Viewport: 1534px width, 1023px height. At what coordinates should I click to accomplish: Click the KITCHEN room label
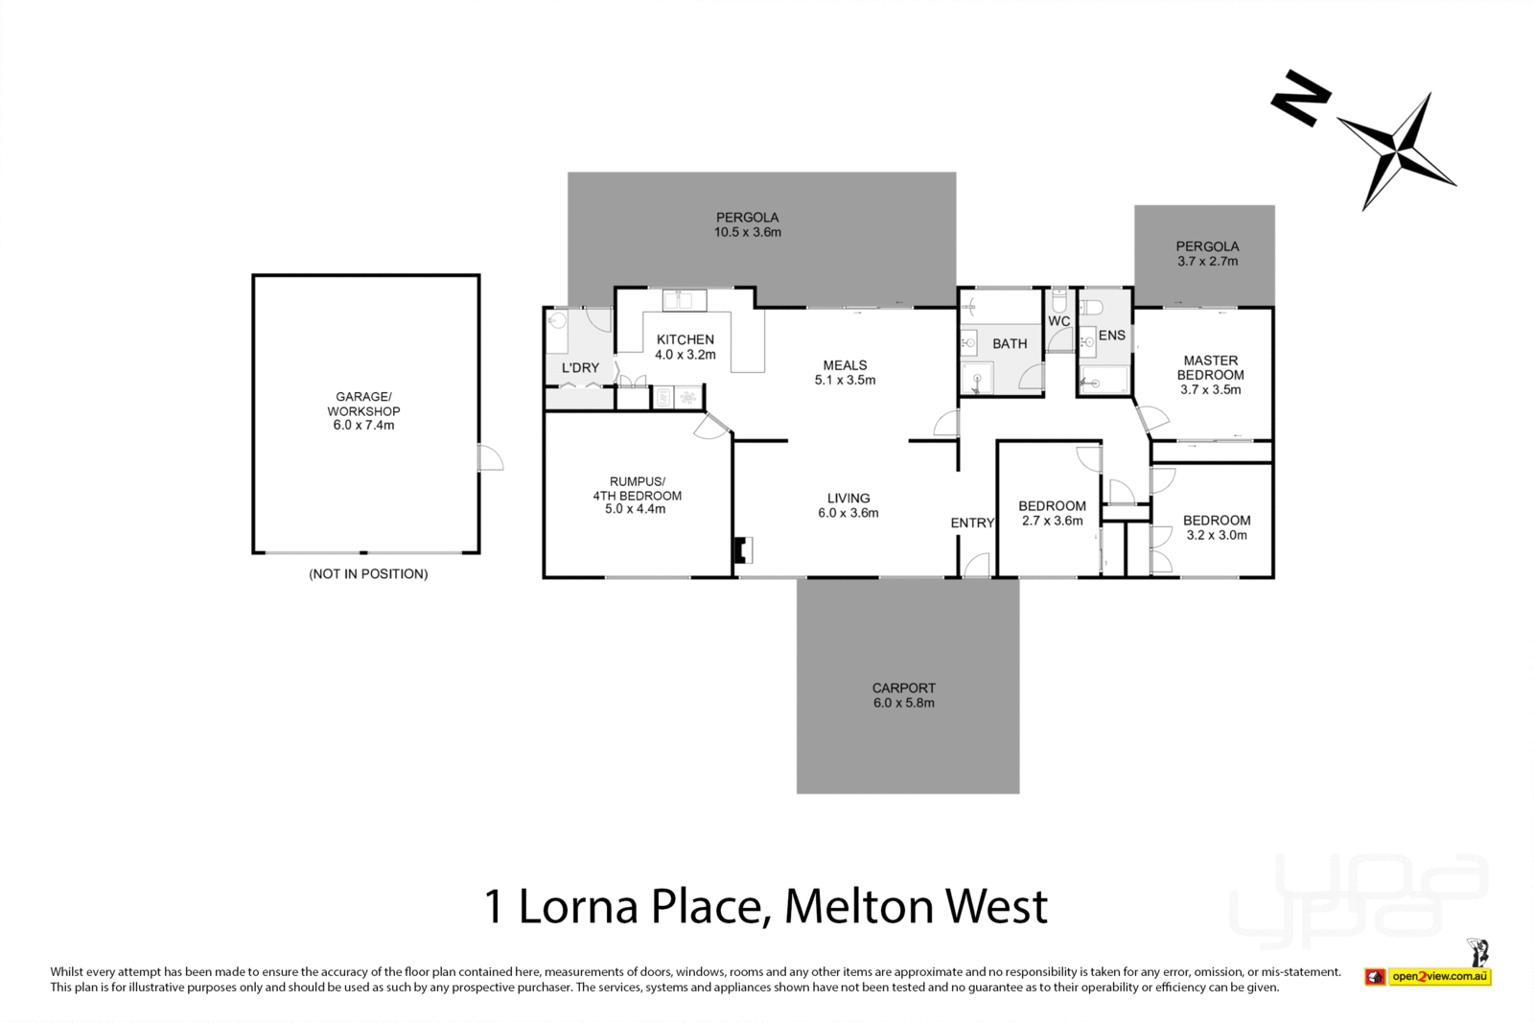pos(685,347)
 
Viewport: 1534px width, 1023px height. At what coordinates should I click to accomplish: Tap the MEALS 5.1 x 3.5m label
pos(845,372)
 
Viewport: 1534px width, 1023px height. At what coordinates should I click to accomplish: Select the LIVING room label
pos(848,505)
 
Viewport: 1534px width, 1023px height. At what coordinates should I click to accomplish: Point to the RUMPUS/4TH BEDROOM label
pos(637,496)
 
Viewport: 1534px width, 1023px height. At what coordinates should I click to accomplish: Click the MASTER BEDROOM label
pos(1210,375)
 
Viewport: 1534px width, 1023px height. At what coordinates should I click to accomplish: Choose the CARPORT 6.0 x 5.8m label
pos(903,695)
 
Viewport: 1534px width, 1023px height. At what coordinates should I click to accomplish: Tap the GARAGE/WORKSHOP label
pos(363,410)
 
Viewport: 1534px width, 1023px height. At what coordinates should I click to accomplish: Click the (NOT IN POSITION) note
pos(368,574)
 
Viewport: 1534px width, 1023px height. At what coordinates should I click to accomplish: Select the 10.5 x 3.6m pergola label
pos(747,224)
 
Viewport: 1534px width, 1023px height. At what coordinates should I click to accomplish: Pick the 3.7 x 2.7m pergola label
pos(1207,253)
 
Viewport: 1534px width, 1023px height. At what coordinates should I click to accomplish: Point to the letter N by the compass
pos(1300,97)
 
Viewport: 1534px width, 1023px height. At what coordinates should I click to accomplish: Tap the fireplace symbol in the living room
pos(742,549)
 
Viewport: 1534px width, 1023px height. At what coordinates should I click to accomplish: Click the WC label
pos(1058,321)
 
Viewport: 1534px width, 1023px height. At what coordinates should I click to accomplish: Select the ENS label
pos(1111,336)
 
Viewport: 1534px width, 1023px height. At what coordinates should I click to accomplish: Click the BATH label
pos(1010,343)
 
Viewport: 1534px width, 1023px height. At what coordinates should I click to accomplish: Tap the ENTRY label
pos(972,523)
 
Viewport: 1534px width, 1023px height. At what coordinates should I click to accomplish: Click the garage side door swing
pos(490,458)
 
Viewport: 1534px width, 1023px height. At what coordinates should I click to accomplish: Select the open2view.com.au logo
pos(1439,977)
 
